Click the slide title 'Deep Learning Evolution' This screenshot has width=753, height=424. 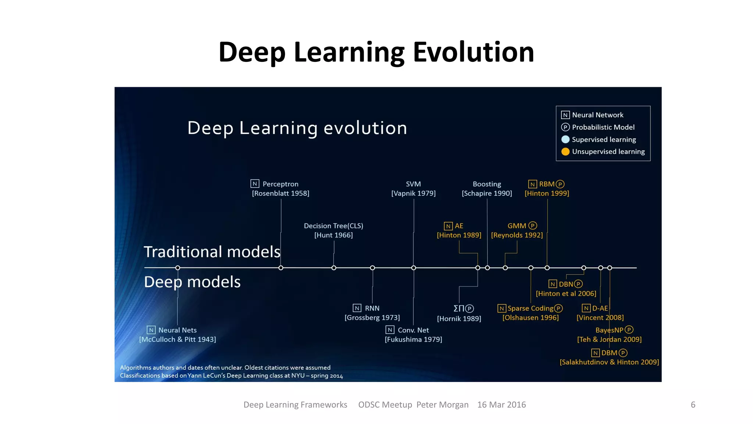[x=376, y=52]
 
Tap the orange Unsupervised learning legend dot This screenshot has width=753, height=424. [x=565, y=152]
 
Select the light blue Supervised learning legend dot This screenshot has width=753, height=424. [x=565, y=139]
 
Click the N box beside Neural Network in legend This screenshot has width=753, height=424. [x=565, y=115]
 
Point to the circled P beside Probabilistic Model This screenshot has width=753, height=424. [x=565, y=127]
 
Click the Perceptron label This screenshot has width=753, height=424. [x=280, y=184]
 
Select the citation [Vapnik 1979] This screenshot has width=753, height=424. [x=413, y=194]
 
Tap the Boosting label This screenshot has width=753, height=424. [x=487, y=184]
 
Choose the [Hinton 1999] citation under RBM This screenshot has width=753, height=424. [x=547, y=194]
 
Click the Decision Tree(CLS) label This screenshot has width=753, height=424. [x=333, y=226]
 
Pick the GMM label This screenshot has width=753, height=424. [x=517, y=226]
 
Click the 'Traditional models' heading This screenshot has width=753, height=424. [x=212, y=252]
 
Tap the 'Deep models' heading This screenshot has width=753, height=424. [x=192, y=282]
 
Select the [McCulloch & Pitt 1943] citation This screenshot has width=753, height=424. [x=178, y=340]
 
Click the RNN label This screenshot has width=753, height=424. [x=372, y=308]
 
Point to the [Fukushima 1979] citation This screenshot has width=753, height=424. [x=413, y=340]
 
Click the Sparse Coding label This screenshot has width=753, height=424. [x=530, y=308]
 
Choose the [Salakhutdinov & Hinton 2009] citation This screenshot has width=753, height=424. [x=609, y=362]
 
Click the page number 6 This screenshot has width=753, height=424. [x=693, y=405]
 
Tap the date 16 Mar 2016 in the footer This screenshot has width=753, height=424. [x=502, y=405]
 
